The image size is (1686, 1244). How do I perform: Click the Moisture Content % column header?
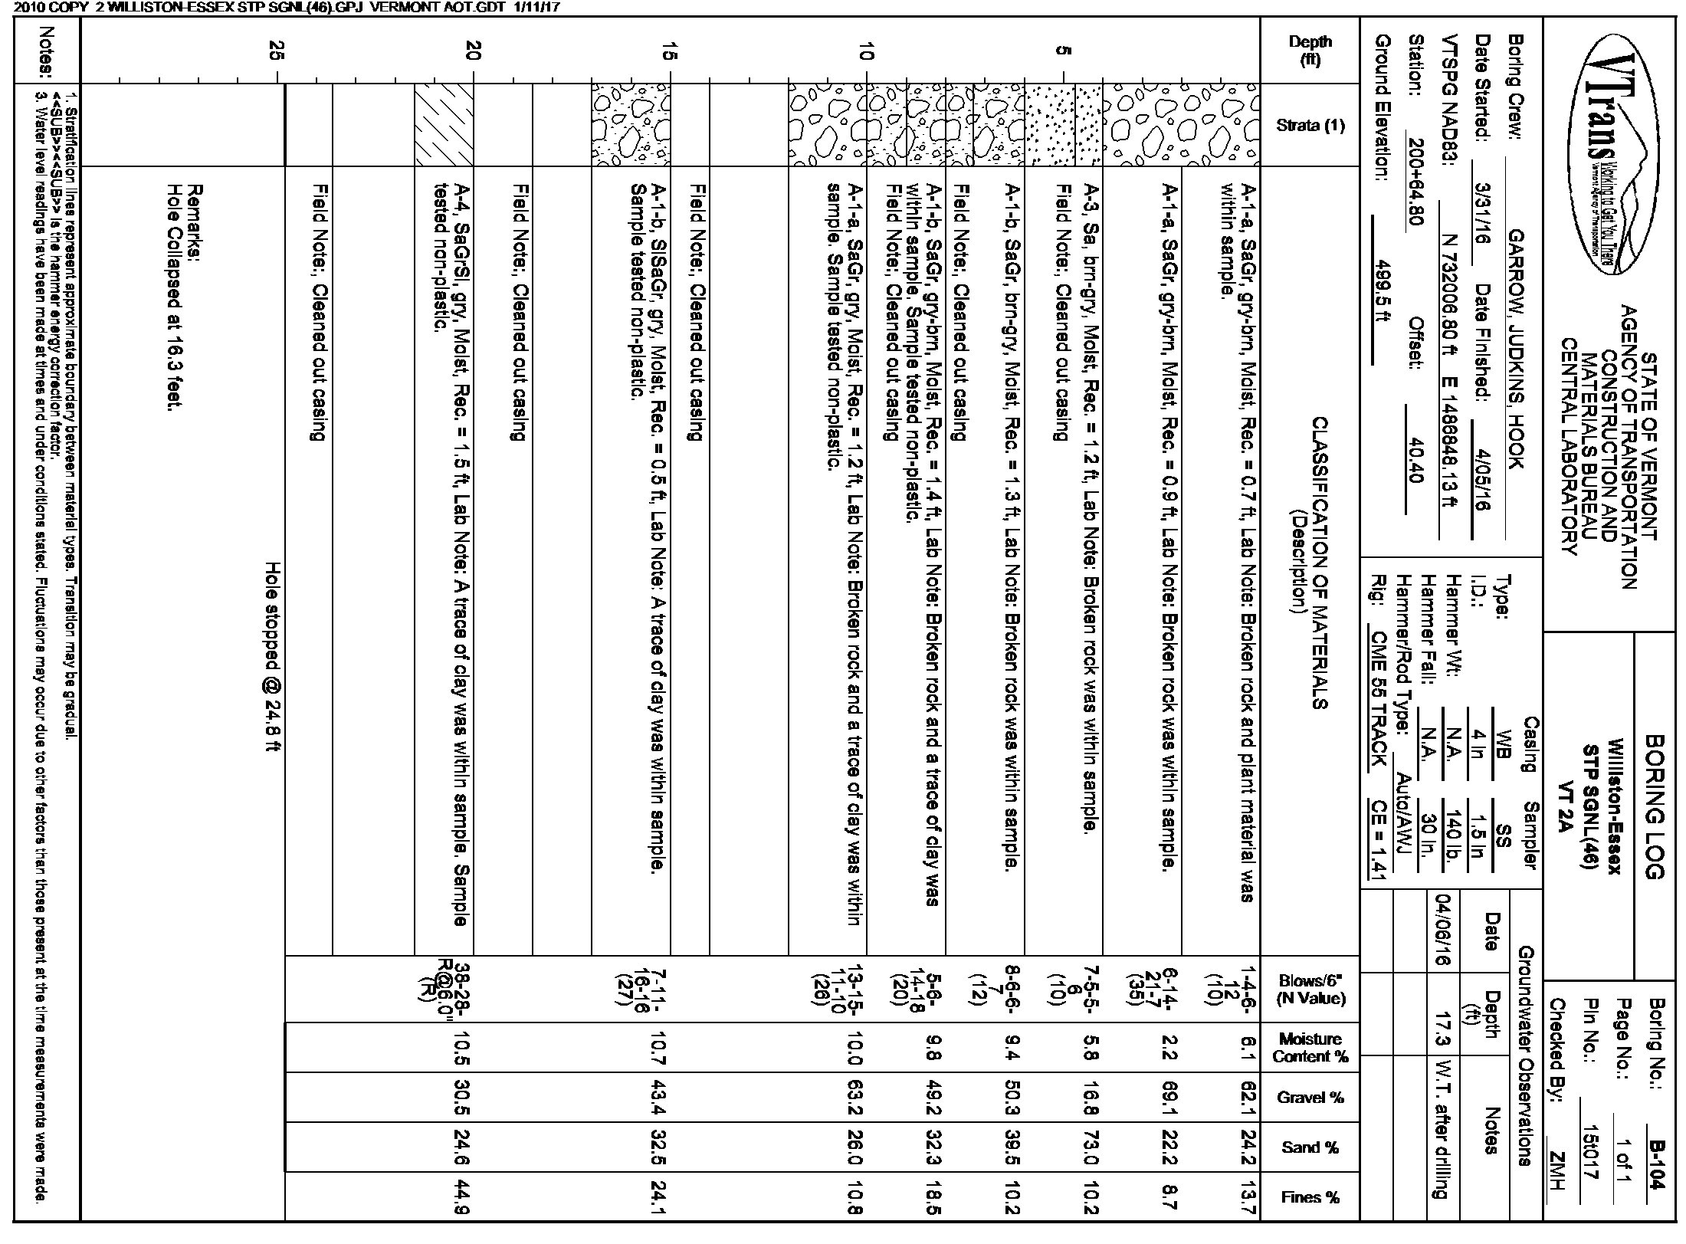pos(1310,1047)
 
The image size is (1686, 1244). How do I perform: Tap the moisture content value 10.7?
pos(658,1047)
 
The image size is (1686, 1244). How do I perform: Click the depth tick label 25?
pos(277,51)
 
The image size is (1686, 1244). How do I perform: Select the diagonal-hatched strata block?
pos(444,124)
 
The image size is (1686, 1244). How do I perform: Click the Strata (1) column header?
pos(1310,124)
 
